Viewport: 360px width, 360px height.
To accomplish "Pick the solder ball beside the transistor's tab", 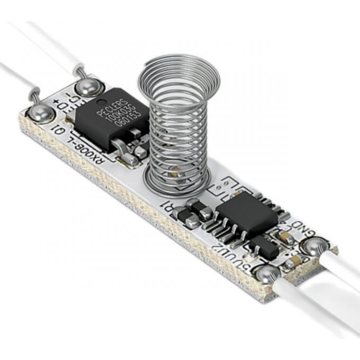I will [x=86, y=86].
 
